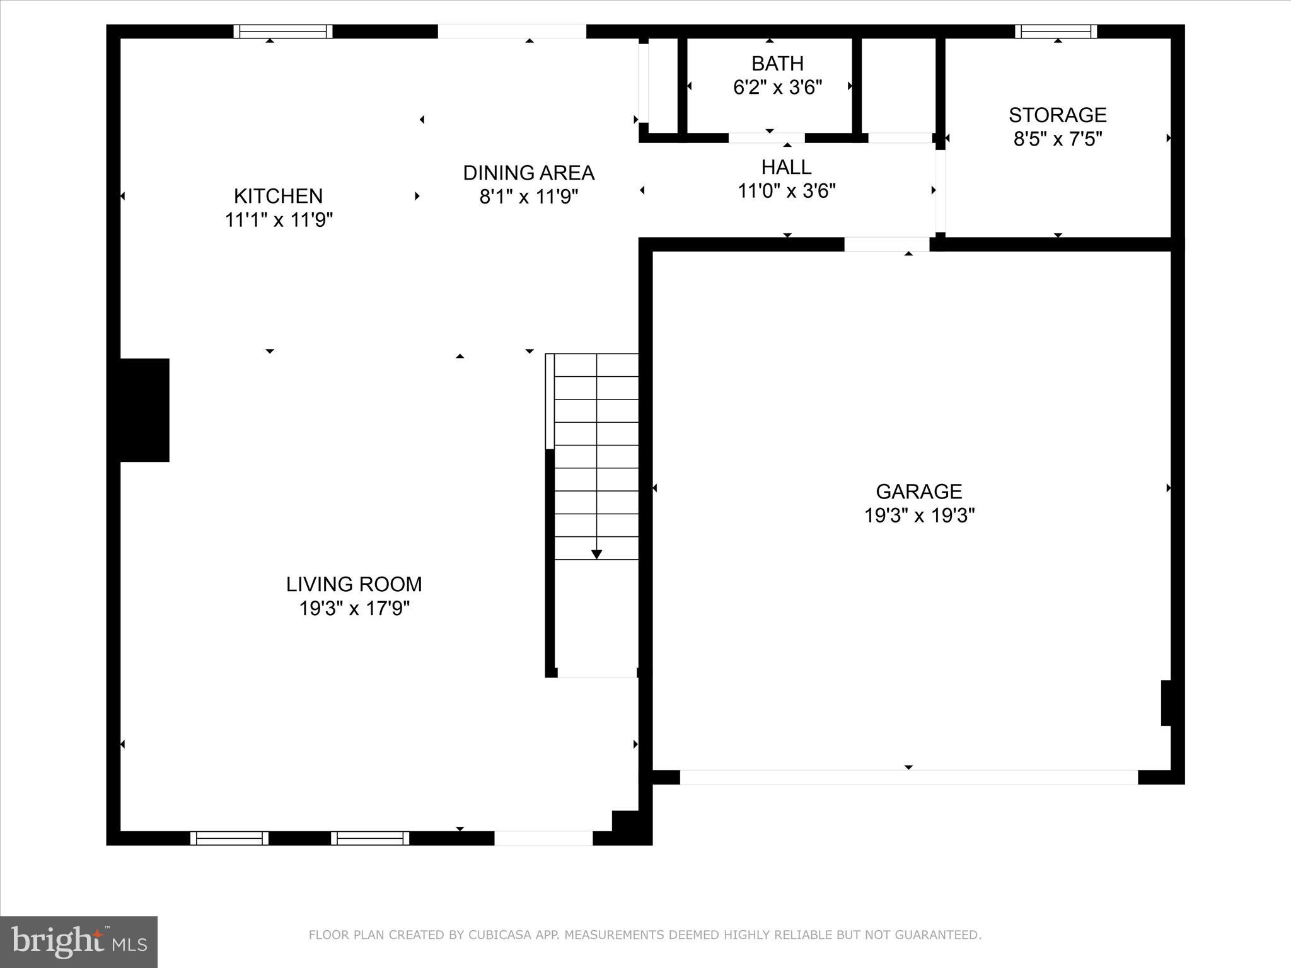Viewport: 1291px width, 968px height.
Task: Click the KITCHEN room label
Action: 278,196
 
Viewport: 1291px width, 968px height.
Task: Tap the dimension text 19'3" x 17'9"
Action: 354,609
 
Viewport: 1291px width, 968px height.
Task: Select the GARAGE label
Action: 918,492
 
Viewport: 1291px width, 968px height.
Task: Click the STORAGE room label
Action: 1057,115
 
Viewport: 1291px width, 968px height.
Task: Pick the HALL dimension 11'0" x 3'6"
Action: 787,191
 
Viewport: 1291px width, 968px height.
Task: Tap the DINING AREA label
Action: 528,173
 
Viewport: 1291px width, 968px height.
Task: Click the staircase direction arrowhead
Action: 596,555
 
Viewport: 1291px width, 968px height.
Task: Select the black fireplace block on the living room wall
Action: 144,410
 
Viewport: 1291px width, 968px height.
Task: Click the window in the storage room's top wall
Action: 1056,32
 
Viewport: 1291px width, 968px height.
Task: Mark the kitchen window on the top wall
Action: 283,32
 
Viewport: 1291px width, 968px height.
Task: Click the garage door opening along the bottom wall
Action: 908,777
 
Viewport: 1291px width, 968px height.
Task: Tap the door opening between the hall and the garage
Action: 886,245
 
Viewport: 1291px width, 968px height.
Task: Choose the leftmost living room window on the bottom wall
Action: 229,838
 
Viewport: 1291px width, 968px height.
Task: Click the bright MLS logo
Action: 79,942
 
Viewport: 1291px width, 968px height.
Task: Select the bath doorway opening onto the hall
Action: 767,137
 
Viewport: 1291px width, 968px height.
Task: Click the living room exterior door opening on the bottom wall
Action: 543,838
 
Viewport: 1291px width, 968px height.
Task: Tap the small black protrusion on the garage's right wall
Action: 1166,703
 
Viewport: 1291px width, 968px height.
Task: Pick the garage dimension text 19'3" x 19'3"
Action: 918,516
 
